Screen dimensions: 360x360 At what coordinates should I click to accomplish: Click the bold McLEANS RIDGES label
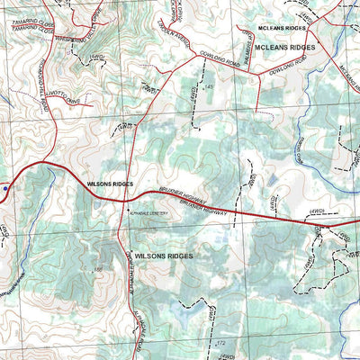click(285, 47)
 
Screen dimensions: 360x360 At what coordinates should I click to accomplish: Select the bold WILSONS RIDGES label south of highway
click(163, 256)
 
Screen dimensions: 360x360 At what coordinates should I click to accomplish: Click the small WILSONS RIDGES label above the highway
click(110, 184)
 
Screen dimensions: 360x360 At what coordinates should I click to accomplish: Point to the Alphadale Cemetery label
click(149, 213)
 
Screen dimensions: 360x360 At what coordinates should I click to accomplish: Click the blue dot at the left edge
click(4, 189)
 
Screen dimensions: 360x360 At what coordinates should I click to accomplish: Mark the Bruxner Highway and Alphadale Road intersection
click(123, 201)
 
